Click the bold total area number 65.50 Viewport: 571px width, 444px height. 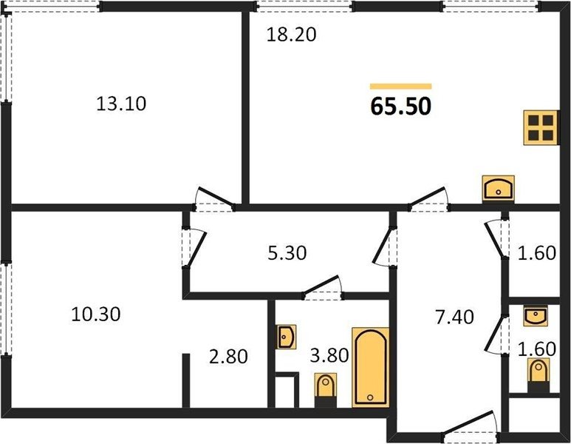[x=400, y=107]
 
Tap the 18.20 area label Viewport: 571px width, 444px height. [x=291, y=35]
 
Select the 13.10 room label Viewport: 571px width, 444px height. [x=121, y=104]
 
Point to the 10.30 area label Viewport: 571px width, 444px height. [x=96, y=314]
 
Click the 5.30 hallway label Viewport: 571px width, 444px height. [x=287, y=253]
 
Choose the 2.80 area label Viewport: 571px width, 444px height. [x=229, y=357]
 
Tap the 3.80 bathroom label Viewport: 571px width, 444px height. [x=329, y=355]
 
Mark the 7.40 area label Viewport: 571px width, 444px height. [x=455, y=317]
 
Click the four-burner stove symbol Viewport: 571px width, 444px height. [x=541, y=128]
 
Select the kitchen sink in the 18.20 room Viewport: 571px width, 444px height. [x=498, y=189]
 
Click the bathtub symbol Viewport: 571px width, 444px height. [x=370, y=367]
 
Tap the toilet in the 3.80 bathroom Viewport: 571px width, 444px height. [x=326, y=390]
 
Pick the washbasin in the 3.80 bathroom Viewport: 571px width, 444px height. [x=286, y=337]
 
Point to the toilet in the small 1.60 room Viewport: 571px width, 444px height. [x=538, y=375]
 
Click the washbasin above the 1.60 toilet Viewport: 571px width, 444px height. [x=536, y=316]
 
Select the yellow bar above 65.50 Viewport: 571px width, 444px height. [x=400, y=87]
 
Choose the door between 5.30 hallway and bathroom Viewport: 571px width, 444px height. [x=323, y=287]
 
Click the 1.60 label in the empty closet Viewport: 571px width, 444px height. [x=537, y=253]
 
